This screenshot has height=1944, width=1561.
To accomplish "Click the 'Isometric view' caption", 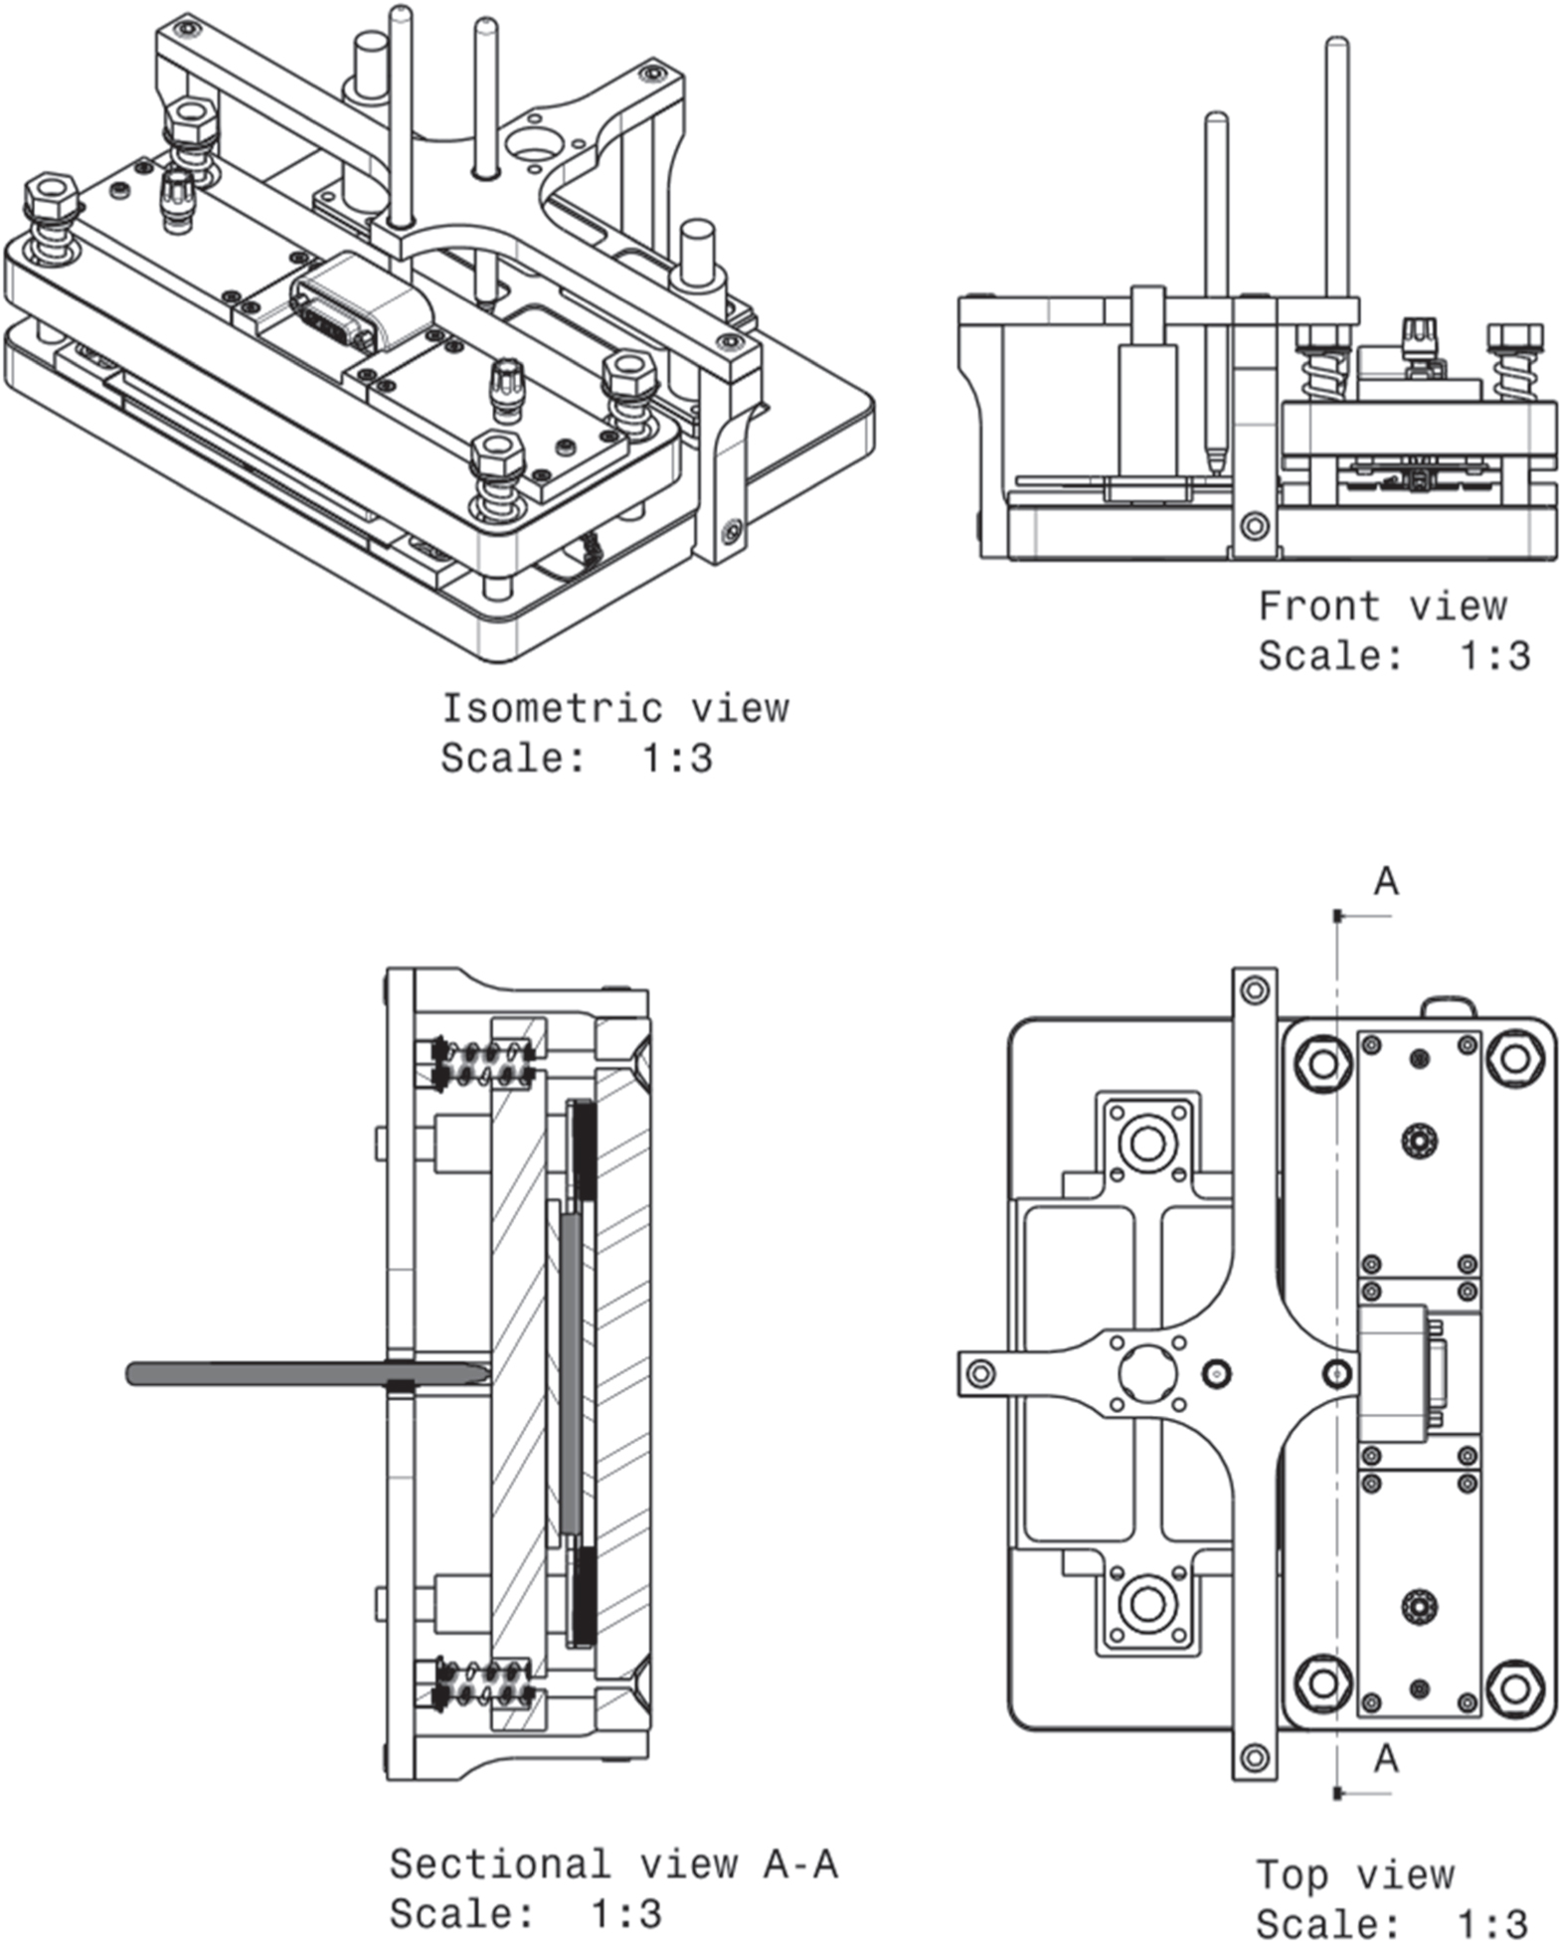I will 614,709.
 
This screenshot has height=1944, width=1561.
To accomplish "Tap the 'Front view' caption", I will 1381,606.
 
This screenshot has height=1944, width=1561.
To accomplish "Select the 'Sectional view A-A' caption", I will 612,1863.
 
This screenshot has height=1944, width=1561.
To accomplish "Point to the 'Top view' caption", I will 1354,1874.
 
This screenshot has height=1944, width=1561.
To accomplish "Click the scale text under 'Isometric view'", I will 577,759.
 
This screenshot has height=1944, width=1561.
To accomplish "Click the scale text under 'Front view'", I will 1393,656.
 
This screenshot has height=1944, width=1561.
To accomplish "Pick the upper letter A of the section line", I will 1385,881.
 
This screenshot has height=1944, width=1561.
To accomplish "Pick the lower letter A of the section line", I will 1385,1759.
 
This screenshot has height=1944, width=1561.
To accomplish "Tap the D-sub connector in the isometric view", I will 360,303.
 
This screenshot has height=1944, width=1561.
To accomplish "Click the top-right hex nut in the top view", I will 1513,1060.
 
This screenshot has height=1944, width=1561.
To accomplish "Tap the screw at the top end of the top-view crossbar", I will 1255,990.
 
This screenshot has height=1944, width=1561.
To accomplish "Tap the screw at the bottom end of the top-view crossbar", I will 1255,1757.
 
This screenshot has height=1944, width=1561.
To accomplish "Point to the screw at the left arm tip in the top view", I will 980,1373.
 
